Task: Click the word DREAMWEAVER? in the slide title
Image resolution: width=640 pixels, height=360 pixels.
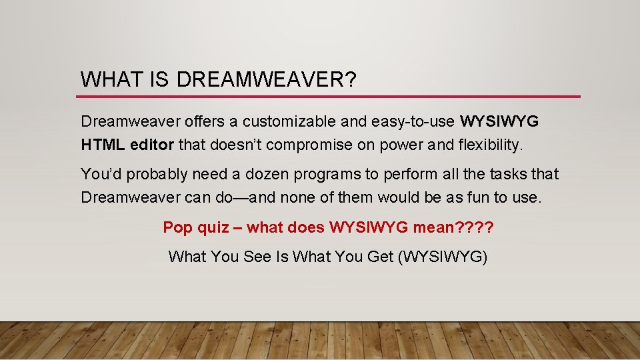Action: click(x=267, y=79)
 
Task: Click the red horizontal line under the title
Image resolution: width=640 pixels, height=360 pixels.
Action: click(x=330, y=97)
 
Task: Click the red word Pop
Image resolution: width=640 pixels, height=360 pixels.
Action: click(x=178, y=227)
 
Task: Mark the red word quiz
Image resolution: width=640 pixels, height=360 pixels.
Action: click(x=213, y=227)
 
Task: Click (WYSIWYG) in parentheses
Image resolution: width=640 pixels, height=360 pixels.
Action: click(x=443, y=256)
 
